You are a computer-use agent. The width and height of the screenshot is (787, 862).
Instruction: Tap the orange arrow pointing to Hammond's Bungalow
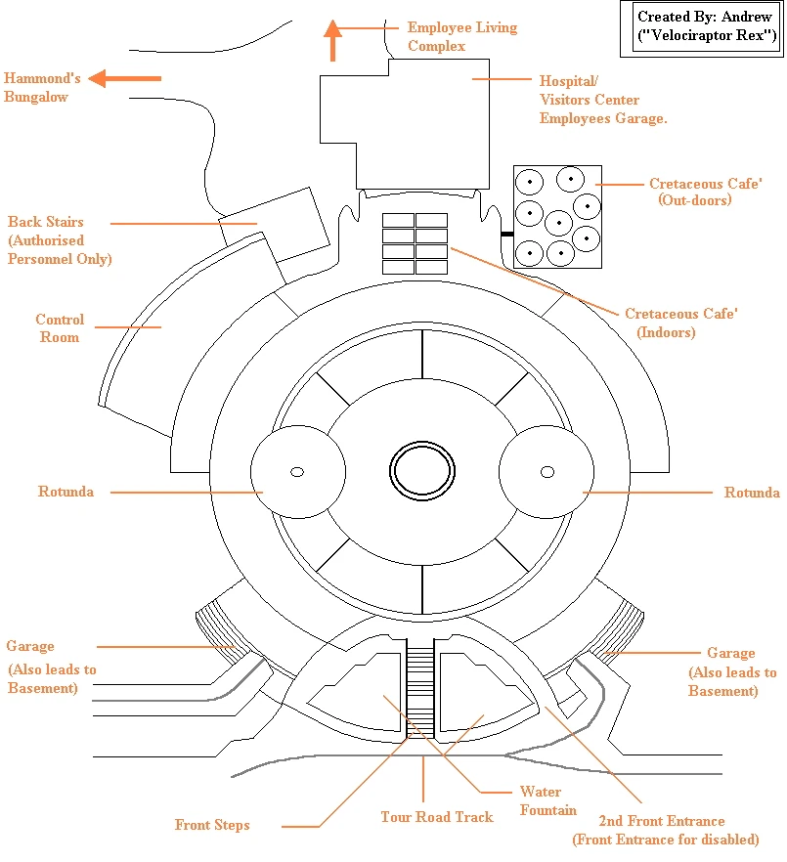pos(124,78)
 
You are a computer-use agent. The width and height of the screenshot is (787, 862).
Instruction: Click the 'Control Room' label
pos(60,328)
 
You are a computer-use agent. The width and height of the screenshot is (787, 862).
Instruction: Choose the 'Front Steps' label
pos(212,825)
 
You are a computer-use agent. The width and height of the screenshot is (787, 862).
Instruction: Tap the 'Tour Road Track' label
pos(437,816)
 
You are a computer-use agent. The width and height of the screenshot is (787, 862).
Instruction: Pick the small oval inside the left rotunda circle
pos(296,473)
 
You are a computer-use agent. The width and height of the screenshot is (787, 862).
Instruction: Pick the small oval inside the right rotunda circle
pos(547,473)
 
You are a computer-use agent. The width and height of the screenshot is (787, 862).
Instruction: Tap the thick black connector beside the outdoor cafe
pos(506,235)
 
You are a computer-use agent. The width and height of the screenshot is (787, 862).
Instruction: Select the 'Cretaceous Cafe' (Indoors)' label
pos(680,323)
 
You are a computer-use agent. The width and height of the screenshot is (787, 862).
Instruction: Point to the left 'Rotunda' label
pos(66,492)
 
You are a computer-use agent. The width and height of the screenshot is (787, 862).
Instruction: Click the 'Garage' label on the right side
pos(731,653)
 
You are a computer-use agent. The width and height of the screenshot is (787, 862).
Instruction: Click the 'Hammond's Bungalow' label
pos(42,87)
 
